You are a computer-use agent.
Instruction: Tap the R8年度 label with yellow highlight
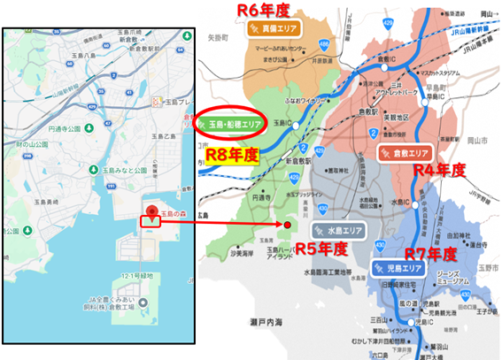pos(232,154)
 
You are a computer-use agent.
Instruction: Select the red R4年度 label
pos(439,168)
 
